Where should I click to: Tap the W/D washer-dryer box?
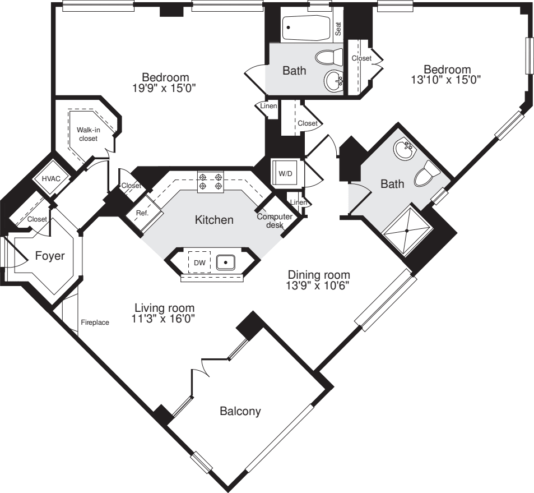pos(286,173)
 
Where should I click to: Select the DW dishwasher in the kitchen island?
pos(199,262)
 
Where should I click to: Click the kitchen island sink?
pos(225,262)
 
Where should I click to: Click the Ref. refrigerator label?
pos(141,213)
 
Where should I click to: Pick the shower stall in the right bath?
pos(407,230)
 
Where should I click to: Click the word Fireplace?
pos(95,322)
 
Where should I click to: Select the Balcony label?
pos(240,411)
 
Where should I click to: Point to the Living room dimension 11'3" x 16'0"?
pos(164,319)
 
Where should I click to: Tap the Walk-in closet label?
pos(88,134)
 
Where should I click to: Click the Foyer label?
pos(50,256)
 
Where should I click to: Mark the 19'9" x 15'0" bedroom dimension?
pos(165,87)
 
